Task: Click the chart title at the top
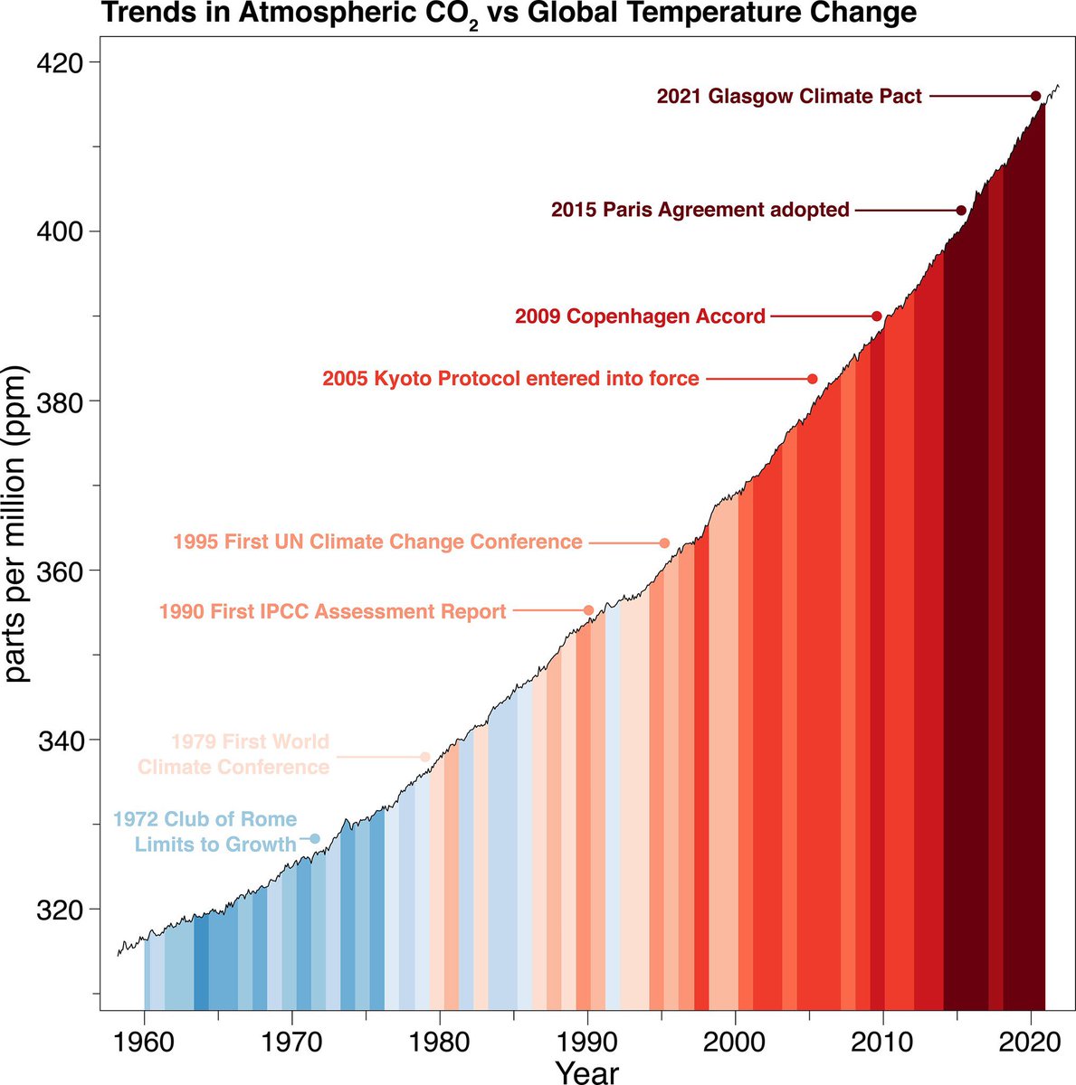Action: pyautogui.click(x=508, y=14)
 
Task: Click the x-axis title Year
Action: pyautogui.click(x=587, y=1071)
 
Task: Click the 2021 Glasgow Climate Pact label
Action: pyautogui.click(x=789, y=96)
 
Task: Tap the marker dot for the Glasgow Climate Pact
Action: pyautogui.click(x=1035, y=96)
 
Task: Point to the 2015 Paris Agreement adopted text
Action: pyautogui.click(x=700, y=210)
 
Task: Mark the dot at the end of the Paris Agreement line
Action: pyautogui.click(x=961, y=210)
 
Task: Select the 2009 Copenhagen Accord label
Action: pyautogui.click(x=640, y=316)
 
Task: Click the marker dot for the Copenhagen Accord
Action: pyautogui.click(x=876, y=316)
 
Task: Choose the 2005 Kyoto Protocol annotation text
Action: pyautogui.click(x=510, y=378)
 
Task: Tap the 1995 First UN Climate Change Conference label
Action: pyautogui.click(x=377, y=542)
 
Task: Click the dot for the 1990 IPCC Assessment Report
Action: pyautogui.click(x=588, y=610)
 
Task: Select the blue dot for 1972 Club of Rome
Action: pyautogui.click(x=315, y=839)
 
